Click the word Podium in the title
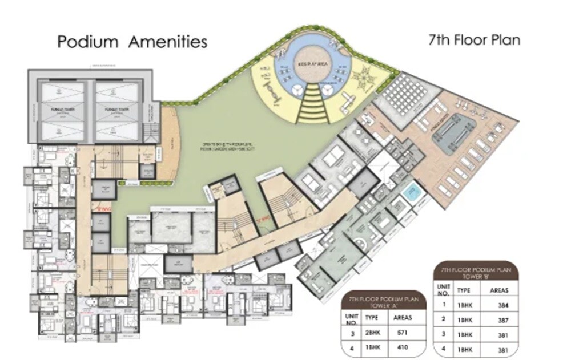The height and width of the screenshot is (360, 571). pos(88,42)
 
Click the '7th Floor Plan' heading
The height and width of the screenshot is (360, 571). pos(474,41)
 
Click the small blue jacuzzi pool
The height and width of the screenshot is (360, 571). pos(411,193)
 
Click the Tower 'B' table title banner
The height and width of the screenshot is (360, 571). pos(475,270)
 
